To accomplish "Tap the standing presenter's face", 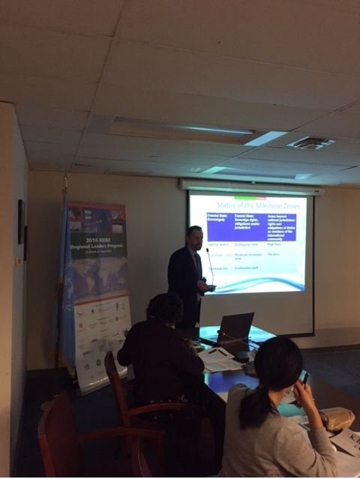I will pyautogui.click(x=195, y=238).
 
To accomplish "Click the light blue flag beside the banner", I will pyautogui.click(x=65, y=292).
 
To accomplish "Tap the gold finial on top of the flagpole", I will pyautogui.click(x=65, y=181).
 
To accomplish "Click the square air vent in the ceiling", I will pyautogui.click(x=310, y=142).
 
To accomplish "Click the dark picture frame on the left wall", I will pyautogui.click(x=22, y=221).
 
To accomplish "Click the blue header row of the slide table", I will pyautogui.click(x=247, y=227).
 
